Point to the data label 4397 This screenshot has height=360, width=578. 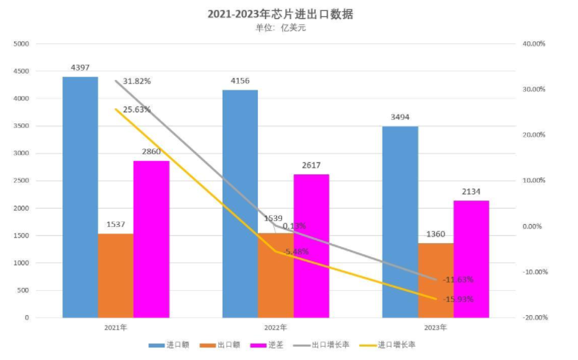pyautogui.click(x=80, y=68)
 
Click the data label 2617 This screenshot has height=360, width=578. pyautogui.click(x=311, y=165)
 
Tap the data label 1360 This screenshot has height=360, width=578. pyautogui.click(x=436, y=234)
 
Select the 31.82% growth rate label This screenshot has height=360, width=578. pyautogui.click(x=137, y=81)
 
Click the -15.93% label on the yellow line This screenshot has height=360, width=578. pyautogui.click(x=458, y=299)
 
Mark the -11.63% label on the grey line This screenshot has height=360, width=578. pyautogui.click(x=458, y=279)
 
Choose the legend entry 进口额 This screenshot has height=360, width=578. pyautogui.click(x=170, y=345)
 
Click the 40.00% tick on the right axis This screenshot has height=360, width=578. pyautogui.click(x=533, y=44)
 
